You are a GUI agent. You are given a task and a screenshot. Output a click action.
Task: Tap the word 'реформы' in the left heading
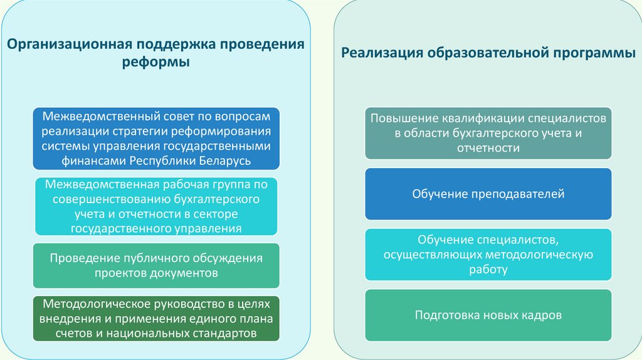pos(155,63)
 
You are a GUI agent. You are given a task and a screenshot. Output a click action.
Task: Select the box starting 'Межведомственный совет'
pos(156,139)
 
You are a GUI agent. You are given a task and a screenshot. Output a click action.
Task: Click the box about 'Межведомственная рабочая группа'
pos(156,206)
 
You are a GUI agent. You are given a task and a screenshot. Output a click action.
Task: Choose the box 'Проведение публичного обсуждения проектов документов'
pos(156,265)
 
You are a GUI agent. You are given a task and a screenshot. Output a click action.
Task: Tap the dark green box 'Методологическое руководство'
pos(156,319)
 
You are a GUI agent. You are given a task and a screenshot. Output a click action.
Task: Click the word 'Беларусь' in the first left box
pos(222,161)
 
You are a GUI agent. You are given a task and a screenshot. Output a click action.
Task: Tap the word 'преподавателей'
pos(520,194)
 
